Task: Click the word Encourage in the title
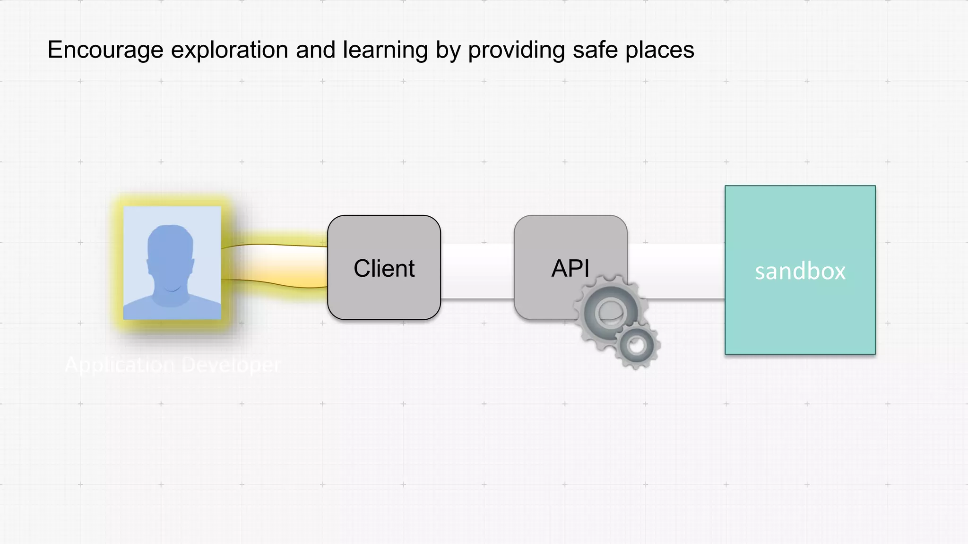pos(105,50)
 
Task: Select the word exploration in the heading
pos(229,50)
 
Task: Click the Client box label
pos(384,268)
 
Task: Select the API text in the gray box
pos(570,268)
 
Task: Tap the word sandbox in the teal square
pos(800,271)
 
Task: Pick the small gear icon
pos(637,346)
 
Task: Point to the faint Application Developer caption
pos(173,365)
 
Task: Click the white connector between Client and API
pos(477,271)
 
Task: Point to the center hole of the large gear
pos(610,313)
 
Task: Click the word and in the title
pos(315,50)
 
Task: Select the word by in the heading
pos(448,50)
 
